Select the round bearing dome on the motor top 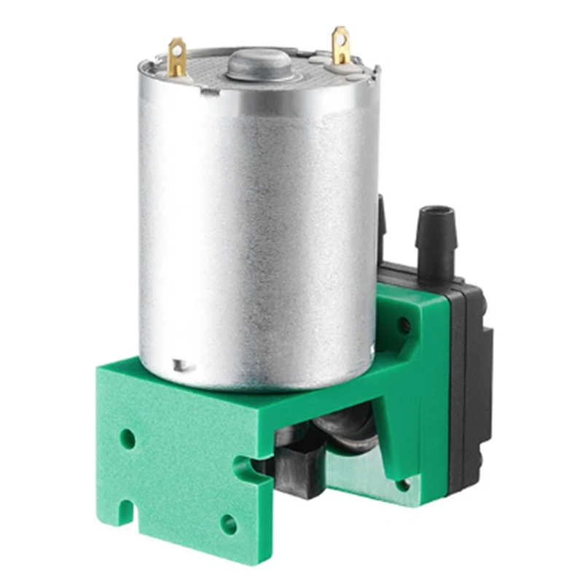pos(261,64)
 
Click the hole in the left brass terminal pos(176,52)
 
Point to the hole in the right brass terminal pos(340,37)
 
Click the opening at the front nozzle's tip pos(435,212)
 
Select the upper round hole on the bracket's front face pos(128,438)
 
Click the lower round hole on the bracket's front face pos(228,523)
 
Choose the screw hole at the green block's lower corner pos(402,485)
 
